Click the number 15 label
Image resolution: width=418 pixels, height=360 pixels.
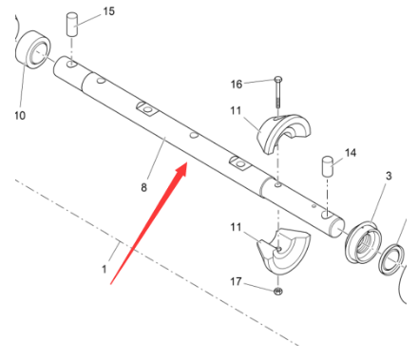point(108,11)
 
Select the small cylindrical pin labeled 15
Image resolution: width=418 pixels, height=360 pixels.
point(71,24)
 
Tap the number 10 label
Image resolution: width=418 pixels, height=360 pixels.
point(20,116)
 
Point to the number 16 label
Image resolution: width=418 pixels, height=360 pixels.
point(237,84)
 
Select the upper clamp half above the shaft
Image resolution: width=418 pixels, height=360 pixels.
point(281,133)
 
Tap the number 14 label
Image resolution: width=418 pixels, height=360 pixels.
point(350,152)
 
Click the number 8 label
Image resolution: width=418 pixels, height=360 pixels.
point(143,187)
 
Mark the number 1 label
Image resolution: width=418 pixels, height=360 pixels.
point(104,269)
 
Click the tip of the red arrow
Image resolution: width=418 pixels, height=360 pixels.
point(188,165)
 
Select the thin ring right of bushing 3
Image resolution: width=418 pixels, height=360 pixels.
point(391,259)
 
